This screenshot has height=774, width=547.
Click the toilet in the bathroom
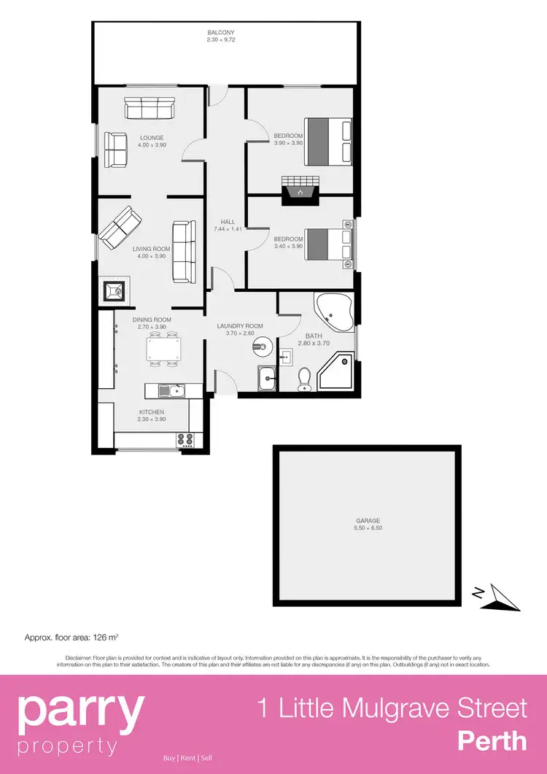click(306, 379)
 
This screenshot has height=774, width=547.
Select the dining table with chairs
click(162, 349)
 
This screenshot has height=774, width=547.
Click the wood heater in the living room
click(113, 291)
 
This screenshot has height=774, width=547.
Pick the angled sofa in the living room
click(117, 228)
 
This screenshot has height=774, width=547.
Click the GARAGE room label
click(368, 521)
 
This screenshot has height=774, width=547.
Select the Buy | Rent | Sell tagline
click(187, 758)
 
